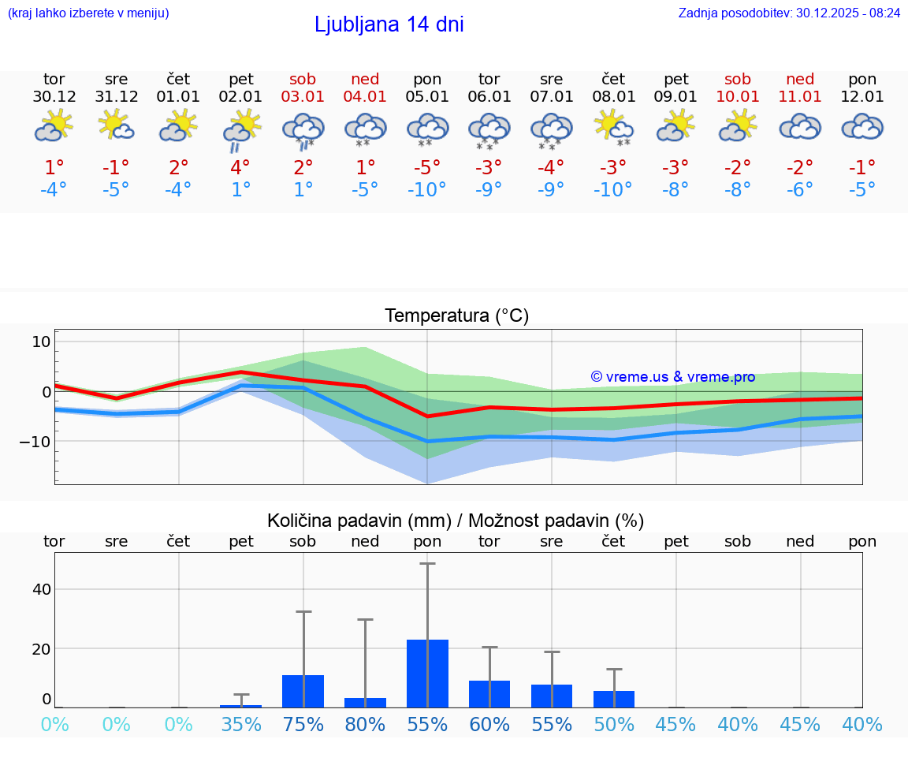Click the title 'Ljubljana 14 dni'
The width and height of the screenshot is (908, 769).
pyautogui.click(x=389, y=24)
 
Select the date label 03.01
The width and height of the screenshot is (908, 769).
pyautogui.click(x=303, y=97)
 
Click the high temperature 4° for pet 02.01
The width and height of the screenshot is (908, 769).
pyautogui.click(x=241, y=167)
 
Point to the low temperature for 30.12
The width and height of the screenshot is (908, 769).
pyautogui.click(x=54, y=189)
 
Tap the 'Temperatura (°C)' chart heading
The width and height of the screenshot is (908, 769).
pyautogui.click(x=456, y=316)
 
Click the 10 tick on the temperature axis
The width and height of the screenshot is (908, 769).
pyautogui.click(x=41, y=342)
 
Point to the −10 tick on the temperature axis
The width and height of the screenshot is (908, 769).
pyautogui.click(x=35, y=442)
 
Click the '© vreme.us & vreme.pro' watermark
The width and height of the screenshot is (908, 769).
pyautogui.click(x=673, y=377)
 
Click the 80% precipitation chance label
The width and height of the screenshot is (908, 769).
pyautogui.click(x=365, y=724)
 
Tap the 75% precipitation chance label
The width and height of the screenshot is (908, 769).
pyautogui.click(x=303, y=724)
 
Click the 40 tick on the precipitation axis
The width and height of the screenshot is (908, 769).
pyautogui.click(x=41, y=589)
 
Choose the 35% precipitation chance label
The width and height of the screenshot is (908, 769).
pyautogui.click(x=241, y=724)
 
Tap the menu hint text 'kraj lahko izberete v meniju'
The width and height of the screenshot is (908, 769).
pyautogui.click(x=88, y=13)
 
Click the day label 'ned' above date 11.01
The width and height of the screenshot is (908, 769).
pyautogui.click(x=800, y=79)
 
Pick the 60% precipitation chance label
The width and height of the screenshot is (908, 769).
pyautogui.click(x=489, y=724)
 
